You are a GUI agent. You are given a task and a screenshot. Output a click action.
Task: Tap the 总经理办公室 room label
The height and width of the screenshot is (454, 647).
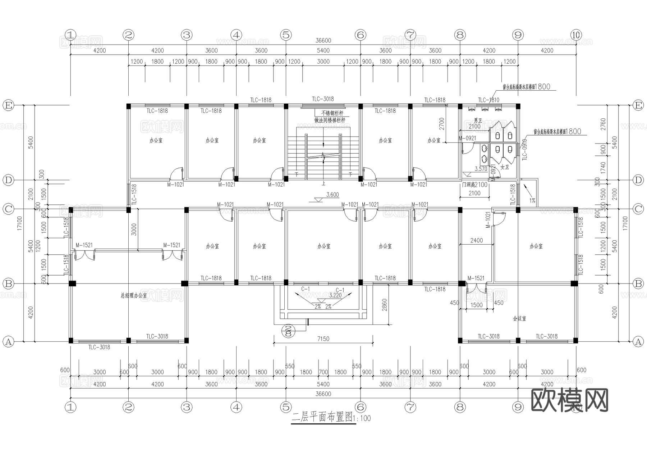(134, 295)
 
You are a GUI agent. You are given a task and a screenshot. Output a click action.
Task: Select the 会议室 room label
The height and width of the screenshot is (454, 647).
(519, 318)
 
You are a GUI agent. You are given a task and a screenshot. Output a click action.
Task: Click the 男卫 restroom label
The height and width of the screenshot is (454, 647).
(477, 120)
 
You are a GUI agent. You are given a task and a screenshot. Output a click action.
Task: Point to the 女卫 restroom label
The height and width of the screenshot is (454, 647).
(505, 167)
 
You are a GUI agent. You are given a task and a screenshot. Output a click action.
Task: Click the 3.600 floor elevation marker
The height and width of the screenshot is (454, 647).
(332, 195)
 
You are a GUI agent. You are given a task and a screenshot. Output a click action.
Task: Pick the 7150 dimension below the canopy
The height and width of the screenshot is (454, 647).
(323, 339)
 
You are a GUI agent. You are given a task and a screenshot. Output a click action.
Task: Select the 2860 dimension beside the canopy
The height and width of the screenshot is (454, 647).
(385, 305)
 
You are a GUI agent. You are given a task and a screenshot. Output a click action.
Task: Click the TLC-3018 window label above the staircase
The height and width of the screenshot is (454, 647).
(323, 99)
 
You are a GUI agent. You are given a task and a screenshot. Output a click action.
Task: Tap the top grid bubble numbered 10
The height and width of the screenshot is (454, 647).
(576, 35)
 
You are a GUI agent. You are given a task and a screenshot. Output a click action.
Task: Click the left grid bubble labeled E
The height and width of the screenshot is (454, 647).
(8, 105)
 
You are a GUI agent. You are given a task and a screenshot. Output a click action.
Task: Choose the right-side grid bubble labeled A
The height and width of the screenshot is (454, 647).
(638, 341)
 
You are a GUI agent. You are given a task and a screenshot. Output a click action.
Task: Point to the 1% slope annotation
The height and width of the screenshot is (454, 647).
(532, 200)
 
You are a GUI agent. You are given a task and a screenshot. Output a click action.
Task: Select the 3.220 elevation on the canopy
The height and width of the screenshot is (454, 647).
(335, 295)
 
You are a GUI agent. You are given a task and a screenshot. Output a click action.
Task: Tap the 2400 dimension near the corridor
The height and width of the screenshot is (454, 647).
(477, 240)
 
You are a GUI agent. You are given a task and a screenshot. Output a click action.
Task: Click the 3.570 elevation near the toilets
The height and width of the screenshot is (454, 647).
(481, 169)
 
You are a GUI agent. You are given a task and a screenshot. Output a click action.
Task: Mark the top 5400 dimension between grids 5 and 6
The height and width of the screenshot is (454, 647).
(323, 50)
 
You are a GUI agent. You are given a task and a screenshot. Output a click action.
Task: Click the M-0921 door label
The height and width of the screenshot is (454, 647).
(467, 138)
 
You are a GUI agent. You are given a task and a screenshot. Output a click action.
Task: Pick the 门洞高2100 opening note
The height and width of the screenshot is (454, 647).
(474, 185)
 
